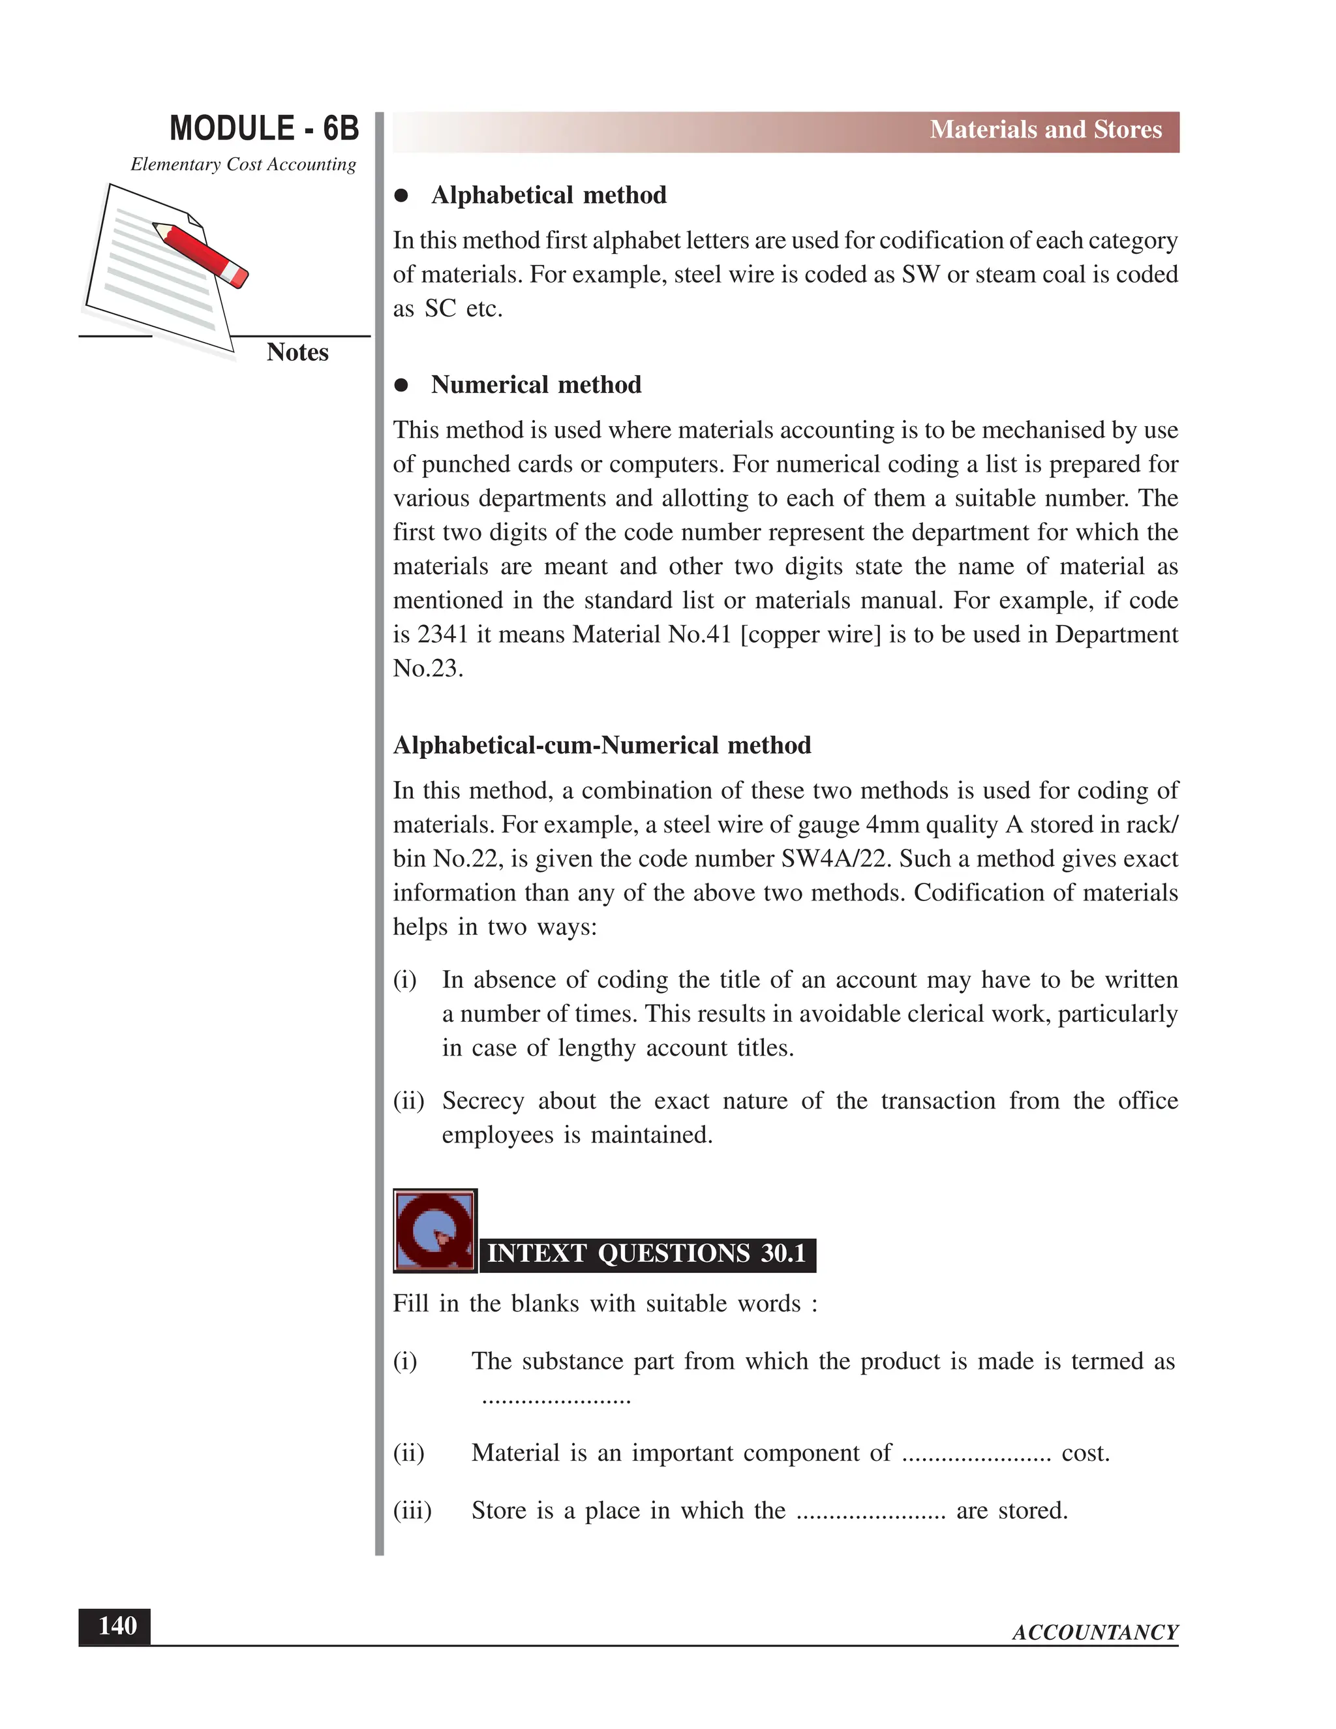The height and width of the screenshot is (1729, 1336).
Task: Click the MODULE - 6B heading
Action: coord(264,129)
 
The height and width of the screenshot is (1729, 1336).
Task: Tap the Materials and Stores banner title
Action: coord(1045,130)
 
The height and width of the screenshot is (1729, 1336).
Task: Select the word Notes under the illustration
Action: coord(297,352)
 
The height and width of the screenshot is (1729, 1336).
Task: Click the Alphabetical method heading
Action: coord(548,196)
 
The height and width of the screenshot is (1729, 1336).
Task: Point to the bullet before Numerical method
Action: coord(401,386)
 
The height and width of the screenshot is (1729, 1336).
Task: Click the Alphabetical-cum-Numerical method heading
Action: coord(601,746)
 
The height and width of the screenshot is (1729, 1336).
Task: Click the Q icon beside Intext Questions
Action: coord(434,1231)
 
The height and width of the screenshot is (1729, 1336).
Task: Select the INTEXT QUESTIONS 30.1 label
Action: coord(646,1254)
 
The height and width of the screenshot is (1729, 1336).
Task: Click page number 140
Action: coord(115,1626)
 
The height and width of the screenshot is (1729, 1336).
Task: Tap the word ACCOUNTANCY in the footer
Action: coord(1095,1632)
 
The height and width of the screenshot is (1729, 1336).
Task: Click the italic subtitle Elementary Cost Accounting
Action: coord(243,164)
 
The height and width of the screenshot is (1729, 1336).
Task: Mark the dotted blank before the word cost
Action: coord(976,1454)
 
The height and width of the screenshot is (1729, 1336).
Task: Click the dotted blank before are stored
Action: coord(871,1511)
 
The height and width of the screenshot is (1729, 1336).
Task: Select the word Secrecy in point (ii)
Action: coord(483,1101)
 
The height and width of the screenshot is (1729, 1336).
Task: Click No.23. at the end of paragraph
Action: coord(427,669)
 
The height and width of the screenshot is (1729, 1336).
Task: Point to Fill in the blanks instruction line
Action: coord(605,1304)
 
